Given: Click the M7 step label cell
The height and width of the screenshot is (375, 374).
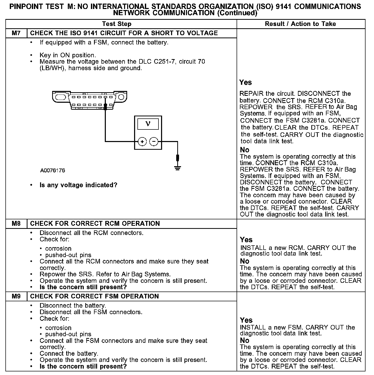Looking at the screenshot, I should pyautogui.click(x=16, y=33).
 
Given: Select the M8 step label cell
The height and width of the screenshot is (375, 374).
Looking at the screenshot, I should pyautogui.click(x=16, y=223).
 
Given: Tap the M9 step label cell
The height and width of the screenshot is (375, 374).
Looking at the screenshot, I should pyautogui.click(x=16, y=296).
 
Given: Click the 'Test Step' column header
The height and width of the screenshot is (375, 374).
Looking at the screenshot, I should pyautogui.click(x=117, y=24).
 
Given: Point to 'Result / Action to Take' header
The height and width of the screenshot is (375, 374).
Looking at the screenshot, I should pyautogui.click(x=300, y=24).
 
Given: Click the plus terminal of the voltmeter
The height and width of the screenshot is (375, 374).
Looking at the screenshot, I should pyautogui.click(x=142, y=142).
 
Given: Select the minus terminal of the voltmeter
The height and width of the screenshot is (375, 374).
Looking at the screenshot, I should pyautogui.click(x=154, y=142).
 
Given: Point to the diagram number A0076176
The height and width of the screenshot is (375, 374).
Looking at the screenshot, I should pyautogui.click(x=53, y=170).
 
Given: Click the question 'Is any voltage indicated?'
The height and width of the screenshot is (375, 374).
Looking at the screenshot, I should pyautogui.click(x=78, y=185).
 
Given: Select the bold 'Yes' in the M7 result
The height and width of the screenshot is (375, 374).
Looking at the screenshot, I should pyautogui.click(x=246, y=82).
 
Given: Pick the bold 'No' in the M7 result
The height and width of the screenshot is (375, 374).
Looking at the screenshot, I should pyautogui.click(x=245, y=150).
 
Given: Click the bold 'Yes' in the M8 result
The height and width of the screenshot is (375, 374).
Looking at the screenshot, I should pyautogui.click(x=246, y=240).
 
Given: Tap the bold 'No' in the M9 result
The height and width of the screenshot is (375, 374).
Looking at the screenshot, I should pyautogui.click(x=245, y=340).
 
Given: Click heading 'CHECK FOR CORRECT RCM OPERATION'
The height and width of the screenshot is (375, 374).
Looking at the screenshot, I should pyautogui.click(x=95, y=223).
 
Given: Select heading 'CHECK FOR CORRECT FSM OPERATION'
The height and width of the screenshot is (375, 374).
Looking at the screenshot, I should pyautogui.click(x=94, y=296).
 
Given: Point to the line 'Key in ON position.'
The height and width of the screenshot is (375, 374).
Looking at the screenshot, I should pyautogui.click(x=68, y=55).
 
